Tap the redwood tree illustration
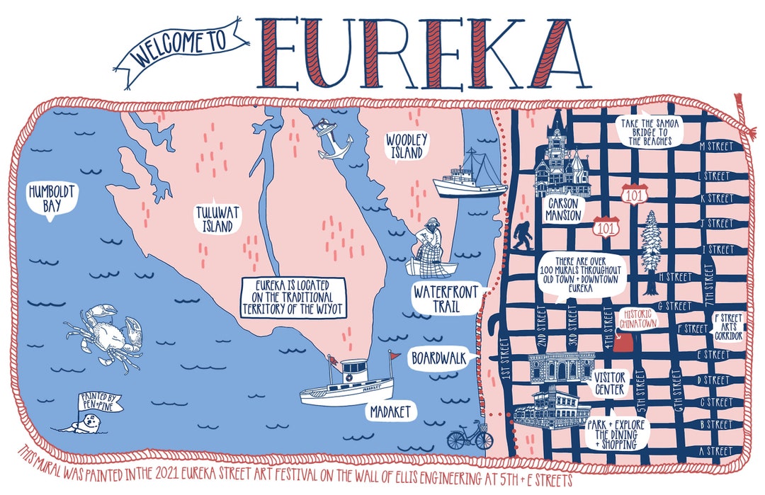point(650,252)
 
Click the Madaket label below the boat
point(390,411)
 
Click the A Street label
point(715,450)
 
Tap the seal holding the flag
point(88,425)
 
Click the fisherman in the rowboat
point(430,248)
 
